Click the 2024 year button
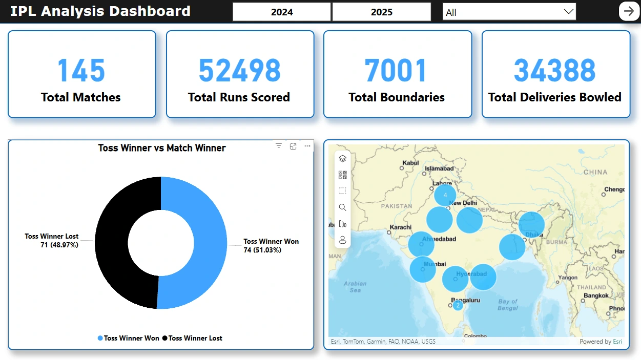click(x=282, y=12)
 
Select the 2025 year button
click(x=381, y=12)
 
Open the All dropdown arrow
click(x=568, y=12)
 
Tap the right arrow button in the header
click(x=629, y=11)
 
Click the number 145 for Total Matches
click(x=81, y=71)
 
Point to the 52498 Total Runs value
click(x=239, y=71)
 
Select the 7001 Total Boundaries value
click(x=396, y=71)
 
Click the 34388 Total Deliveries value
click(x=555, y=71)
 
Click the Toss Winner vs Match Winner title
click(x=162, y=148)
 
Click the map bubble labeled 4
click(x=445, y=195)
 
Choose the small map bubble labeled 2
click(x=458, y=305)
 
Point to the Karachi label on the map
click(x=400, y=227)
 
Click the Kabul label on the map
click(x=411, y=163)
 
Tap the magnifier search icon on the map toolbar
click(x=343, y=207)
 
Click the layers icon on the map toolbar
click(x=343, y=159)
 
